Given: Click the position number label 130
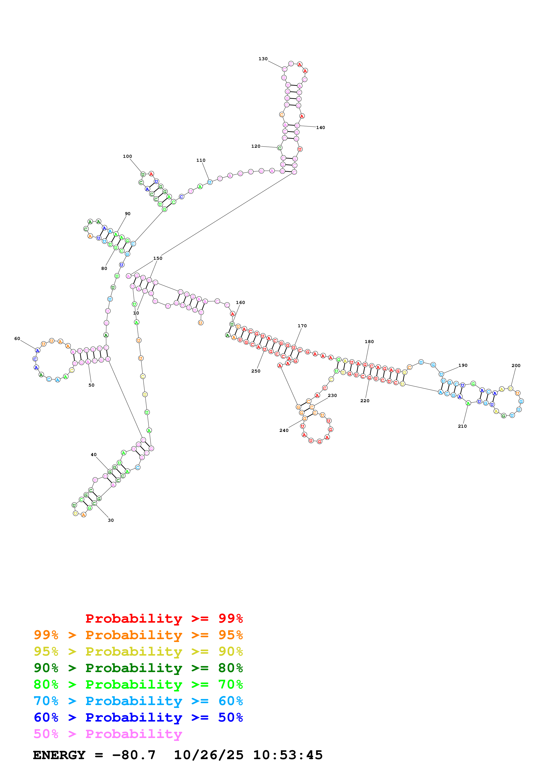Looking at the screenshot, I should (263, 59).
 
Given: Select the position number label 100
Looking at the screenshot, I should (127, 156).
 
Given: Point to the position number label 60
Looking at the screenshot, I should (17, 338).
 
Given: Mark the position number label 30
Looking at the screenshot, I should (111, 520).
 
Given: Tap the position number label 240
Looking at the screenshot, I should (284, 431).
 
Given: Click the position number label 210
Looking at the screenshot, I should (462, 426).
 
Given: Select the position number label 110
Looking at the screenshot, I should (201, 160).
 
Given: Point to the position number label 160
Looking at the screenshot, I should (241, 303).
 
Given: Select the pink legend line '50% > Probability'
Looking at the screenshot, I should (108, 734).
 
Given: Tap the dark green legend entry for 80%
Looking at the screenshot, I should (138, 668).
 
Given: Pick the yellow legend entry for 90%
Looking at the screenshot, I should (138, 651).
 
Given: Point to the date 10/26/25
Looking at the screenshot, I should (209, 755).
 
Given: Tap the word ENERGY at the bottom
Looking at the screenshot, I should (59, 755).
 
